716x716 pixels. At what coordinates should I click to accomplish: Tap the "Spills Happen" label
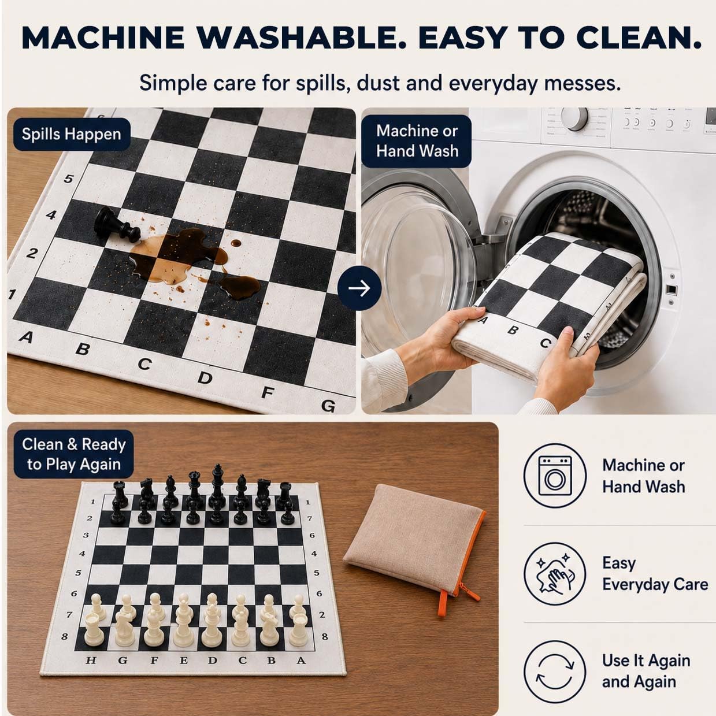pos(72,134)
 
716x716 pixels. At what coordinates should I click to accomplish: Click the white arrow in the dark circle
pos(359,288)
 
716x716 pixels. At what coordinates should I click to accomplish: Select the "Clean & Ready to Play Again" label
pos(73,454)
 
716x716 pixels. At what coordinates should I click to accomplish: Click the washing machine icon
pos(555,476)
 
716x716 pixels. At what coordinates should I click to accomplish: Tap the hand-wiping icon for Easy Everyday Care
pos(555,574)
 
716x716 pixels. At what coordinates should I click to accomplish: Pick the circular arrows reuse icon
pos(555,672)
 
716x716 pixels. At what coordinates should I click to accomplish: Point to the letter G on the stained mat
pos(328,406)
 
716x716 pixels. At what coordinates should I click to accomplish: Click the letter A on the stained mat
pos(25,337)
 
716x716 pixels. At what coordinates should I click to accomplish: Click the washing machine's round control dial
pos(574,118)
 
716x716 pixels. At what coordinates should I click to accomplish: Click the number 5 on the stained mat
pos(68,179)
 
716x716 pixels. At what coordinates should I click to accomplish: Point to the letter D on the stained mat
pos(205,378)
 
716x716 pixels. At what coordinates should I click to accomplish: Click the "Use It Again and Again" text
pos(646,671)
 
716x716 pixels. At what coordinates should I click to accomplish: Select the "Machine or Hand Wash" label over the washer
pos(417,141)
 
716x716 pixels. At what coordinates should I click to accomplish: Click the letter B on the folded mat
pos(514,329)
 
